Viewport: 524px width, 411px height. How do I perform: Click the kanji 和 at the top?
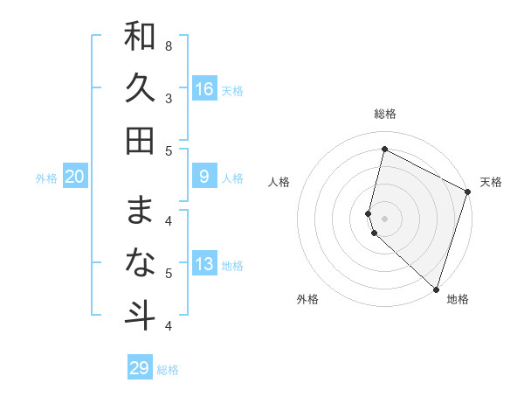tap(140, 37)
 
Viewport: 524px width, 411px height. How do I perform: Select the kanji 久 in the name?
tap(140, 88)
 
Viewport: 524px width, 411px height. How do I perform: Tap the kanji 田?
tap(140, 140)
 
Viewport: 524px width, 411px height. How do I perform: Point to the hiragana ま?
tap(140, 211)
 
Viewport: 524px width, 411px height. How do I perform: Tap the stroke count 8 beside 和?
tap(169, 45)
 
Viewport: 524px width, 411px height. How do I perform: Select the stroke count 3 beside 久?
tap(169, 98)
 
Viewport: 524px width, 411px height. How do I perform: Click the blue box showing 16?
tap(204, 88)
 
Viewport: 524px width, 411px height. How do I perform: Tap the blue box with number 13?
tap(204, 265)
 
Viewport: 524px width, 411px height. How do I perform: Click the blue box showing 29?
tap(140, 368)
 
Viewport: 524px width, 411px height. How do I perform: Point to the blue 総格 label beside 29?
tap(168, 370)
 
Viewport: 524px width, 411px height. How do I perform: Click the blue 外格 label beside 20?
tap(46, 178)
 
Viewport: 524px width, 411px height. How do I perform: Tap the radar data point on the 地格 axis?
tap(436, 288)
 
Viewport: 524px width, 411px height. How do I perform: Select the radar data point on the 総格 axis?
tap(384, 150)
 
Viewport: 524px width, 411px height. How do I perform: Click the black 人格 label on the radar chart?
tap(279, 182)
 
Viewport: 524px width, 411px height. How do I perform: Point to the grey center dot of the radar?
tap(384, 217)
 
